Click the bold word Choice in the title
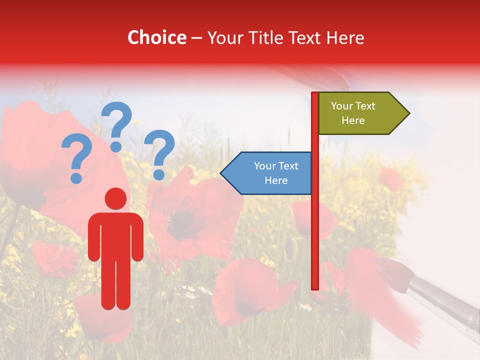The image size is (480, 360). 156,37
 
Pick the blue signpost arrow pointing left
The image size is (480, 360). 268,173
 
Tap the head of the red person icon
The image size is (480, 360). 115,198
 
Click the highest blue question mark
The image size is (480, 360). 116,125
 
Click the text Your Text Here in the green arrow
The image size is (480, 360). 353,113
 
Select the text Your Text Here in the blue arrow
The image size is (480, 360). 275,173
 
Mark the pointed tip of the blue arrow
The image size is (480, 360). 221,173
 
